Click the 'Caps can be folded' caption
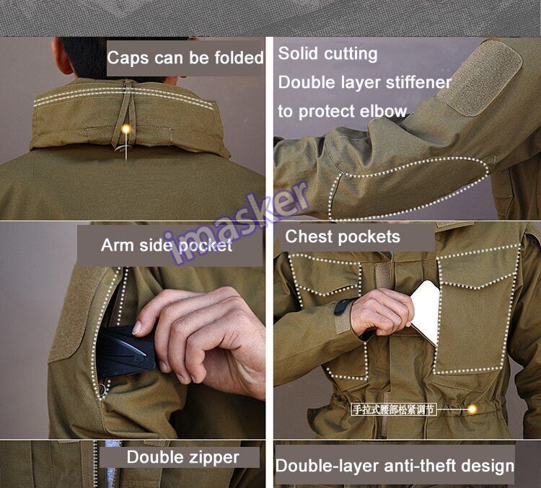pos(185,58)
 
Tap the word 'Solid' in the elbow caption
pos(298,53)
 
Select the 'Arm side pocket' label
pos(167,246)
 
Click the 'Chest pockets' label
pos(343,237)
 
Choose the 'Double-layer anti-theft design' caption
pos(395,465)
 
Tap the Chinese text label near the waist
pos(394,409)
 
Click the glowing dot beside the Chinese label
pos(472,409)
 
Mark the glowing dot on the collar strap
pos(126,130)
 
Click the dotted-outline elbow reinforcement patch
pos(404,189)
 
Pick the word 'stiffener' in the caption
pos(415,82)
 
